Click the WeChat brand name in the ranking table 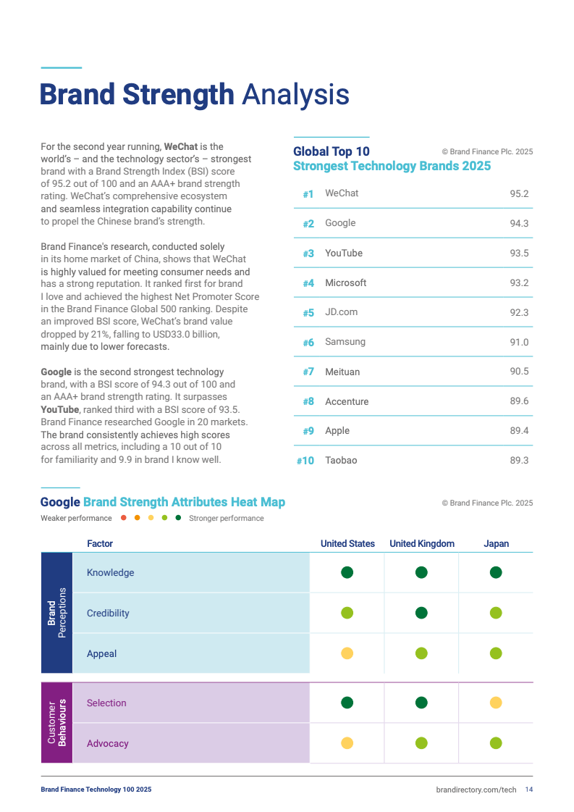(x=342, y=193)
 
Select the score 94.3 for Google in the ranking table (x=519, y=224)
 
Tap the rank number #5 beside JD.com (x=308, y=313)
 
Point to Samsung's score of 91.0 (x=519, y=343)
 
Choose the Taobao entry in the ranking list (x=341, y=461)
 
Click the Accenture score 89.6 (x=519, y=401)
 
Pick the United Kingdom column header (x=422, y=544)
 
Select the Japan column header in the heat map (x=496, y=544)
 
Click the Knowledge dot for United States (x=347, y=573)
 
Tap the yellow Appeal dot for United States (x=347, y=654)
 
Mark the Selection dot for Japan (x=496, y=703)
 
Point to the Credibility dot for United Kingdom (x=422, y=614)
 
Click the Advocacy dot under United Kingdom (x=422, y=743)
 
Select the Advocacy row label (x=108, y=744)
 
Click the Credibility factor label (x=108, y=614)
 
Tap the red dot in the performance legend (x=124, y=518)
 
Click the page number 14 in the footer (x=529, y=790)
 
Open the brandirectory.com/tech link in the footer (x=476, y=790)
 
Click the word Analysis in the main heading (x=295, y=95)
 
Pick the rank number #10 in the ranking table (x=305, y=461)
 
